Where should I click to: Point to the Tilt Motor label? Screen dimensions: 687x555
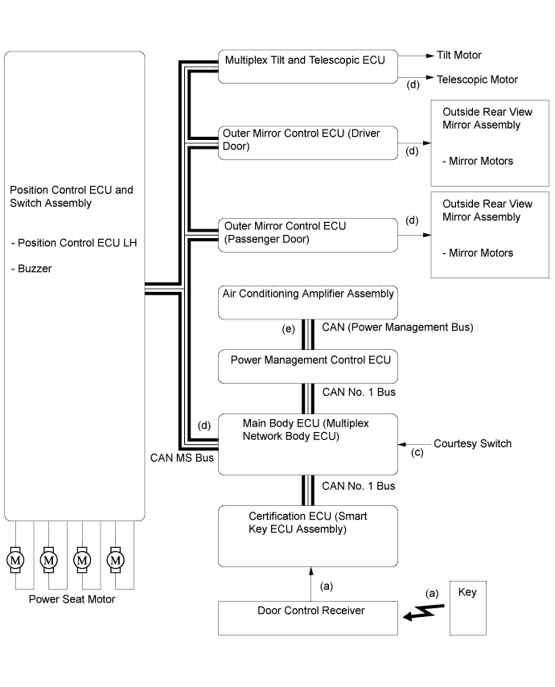459,56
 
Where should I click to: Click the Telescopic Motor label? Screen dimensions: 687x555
477,80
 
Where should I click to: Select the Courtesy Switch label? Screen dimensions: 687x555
472,443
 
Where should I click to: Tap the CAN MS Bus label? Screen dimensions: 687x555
182,458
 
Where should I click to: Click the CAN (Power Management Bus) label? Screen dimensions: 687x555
397,327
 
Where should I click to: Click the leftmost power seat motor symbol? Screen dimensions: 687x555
15,558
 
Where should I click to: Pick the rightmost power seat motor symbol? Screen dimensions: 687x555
116,558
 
